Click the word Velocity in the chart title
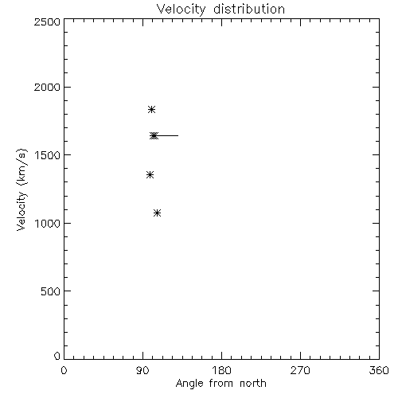point(181,10)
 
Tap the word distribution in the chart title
point(249,9)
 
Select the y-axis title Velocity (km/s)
point(21,189)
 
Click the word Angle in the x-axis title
point(189,384)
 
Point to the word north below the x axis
point(253,383)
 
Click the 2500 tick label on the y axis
point(47,21)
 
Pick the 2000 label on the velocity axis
point(47,87)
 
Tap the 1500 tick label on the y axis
point(48,155)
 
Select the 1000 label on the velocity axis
point(48,224)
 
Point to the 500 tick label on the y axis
point(51,291)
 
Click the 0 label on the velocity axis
point(57,356)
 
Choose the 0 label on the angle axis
point(64,370)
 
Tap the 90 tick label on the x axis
point(142,370)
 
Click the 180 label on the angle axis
point(221,370)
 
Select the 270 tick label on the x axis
point(300,370)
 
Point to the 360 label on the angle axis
point(379,370)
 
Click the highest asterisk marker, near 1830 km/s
point(151,109)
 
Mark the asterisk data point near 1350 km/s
point(150,174)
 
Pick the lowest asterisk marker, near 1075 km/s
point(158,213)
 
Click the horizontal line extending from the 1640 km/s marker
point(166,136)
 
